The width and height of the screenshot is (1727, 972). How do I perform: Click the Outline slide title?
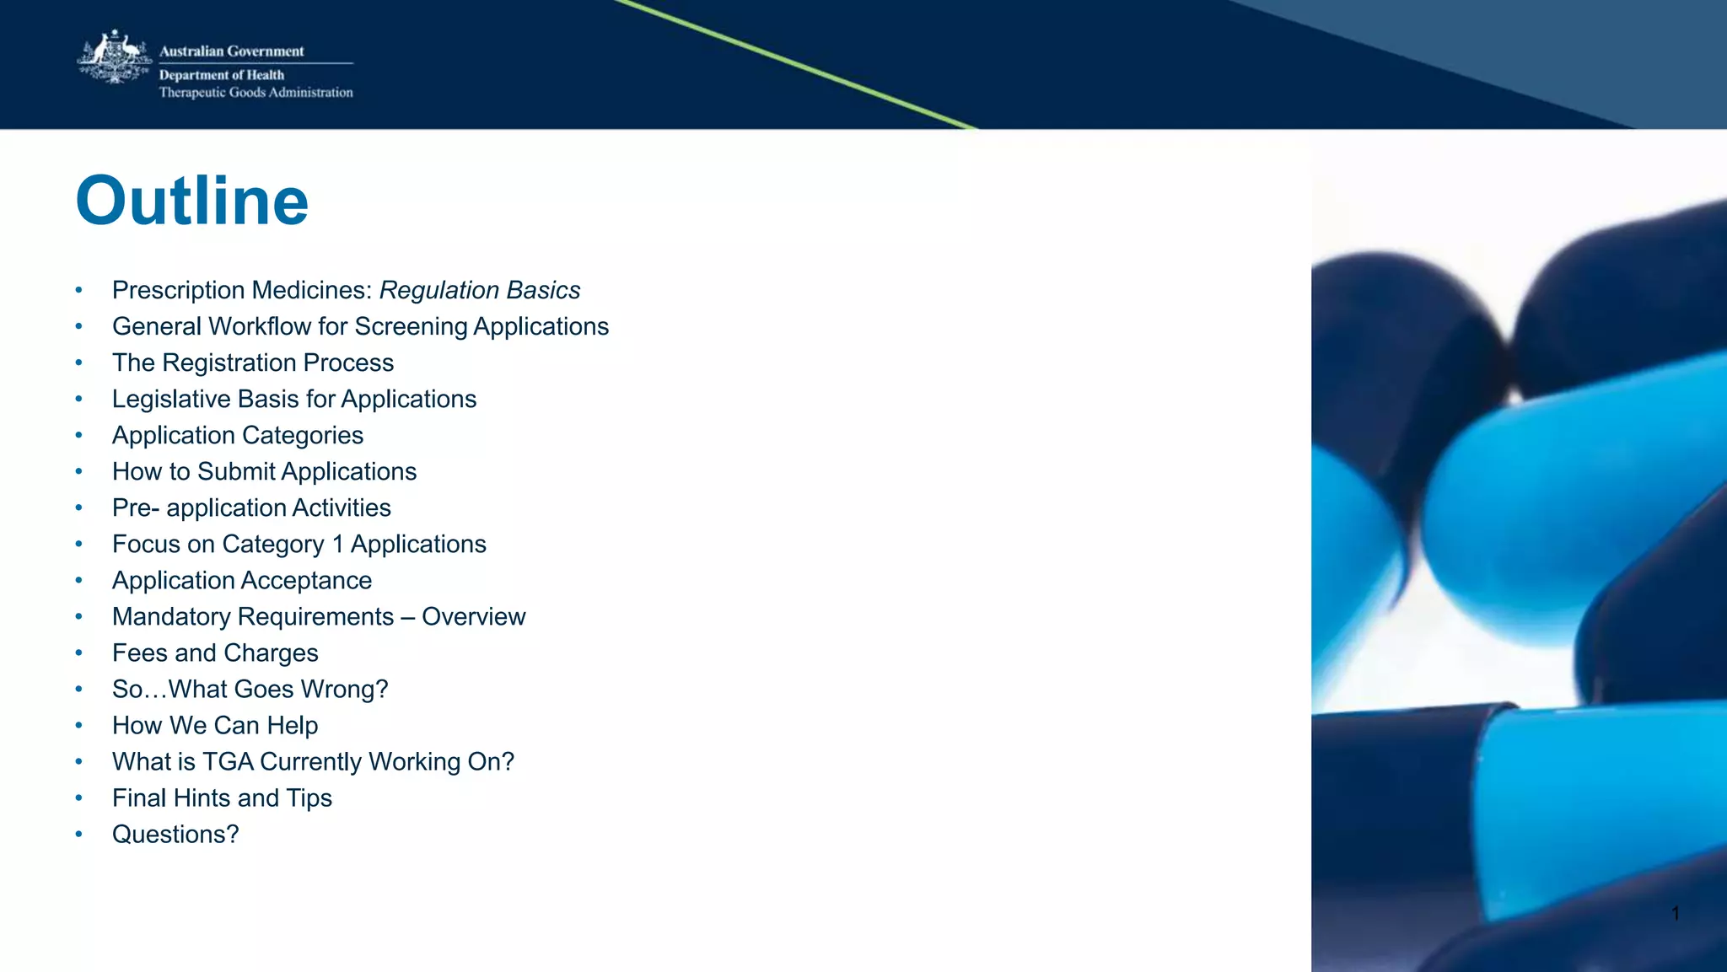pos(192,201)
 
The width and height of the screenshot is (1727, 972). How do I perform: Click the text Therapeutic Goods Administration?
pos(256,93)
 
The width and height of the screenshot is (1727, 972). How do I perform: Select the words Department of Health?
pos(222,75)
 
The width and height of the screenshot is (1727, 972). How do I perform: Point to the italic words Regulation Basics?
pos(479,290)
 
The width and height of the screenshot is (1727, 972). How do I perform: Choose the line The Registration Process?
pos(253,362)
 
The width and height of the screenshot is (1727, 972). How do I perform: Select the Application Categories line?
pos(238,435)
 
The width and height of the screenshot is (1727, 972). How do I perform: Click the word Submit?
pos(236,471)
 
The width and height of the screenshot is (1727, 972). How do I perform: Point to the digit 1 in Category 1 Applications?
pos(337,545)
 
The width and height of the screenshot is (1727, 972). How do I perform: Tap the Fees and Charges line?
pos(215,653)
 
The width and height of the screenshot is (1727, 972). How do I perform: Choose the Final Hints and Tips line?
pos(222,798)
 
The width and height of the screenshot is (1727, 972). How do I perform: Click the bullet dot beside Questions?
pos(78,835)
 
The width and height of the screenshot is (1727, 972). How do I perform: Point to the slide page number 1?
pos(1676,913)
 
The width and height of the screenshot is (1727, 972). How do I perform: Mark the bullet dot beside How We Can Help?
pos(78,726)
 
